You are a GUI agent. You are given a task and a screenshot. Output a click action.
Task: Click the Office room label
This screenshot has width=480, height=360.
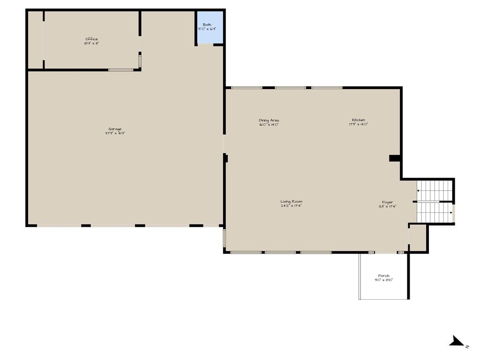91,39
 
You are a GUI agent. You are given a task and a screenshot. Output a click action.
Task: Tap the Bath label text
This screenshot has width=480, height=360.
207,25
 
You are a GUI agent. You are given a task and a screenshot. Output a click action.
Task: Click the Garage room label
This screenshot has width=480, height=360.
115,129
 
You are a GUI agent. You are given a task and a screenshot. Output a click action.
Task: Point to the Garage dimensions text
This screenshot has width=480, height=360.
115,133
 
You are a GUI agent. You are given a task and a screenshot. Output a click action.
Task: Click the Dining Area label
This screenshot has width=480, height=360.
269,120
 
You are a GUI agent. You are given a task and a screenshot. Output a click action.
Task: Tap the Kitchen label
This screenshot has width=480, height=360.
359,120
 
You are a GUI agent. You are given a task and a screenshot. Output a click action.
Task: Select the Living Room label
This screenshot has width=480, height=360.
291,202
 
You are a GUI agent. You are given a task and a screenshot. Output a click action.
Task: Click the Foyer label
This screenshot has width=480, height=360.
388,202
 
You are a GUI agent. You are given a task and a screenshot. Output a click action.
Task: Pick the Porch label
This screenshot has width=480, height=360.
383,276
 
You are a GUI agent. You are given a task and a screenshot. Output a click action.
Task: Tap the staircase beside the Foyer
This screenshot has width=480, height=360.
435,202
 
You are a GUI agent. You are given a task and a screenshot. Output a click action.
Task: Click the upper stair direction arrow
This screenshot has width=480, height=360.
418,191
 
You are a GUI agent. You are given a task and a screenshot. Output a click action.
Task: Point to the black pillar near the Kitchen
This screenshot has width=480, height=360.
394,158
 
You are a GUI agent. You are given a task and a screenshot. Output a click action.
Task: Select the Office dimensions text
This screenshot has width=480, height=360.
91,44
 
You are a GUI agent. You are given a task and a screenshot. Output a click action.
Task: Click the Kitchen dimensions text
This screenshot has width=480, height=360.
359,124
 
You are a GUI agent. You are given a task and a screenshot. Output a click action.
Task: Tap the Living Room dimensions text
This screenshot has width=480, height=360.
291,206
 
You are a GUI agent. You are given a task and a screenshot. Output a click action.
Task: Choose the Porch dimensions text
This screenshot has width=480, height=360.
383,280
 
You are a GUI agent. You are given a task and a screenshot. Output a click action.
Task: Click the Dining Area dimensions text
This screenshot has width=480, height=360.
269,124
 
